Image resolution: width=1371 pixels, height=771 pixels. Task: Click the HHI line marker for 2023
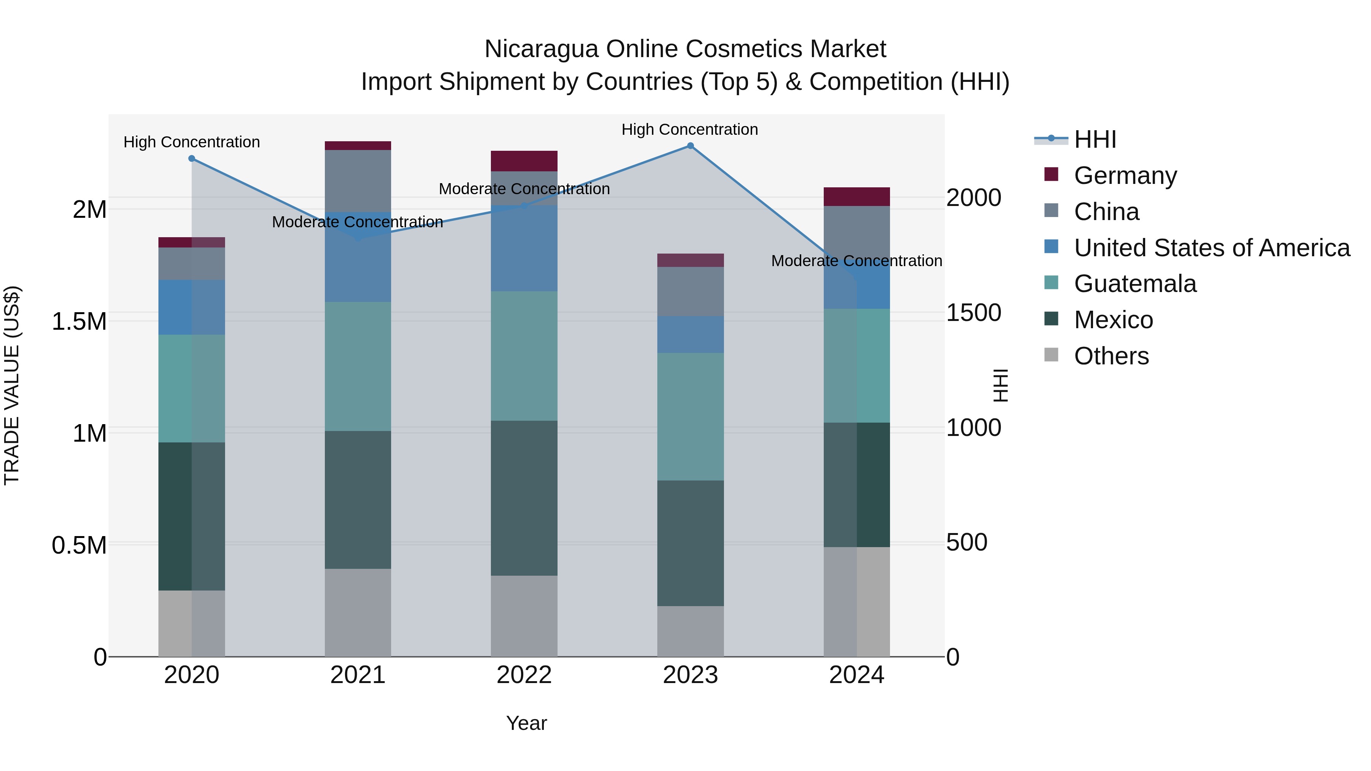[690, 146]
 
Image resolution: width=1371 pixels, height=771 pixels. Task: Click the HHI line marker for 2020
[192, 158]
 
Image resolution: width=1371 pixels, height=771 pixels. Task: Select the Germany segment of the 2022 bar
[524, 161]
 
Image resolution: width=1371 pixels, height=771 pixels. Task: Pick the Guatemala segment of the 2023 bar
[690, 417]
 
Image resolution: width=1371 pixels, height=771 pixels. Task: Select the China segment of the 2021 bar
[358, 181]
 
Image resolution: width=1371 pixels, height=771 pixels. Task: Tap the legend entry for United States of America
[1211, 248]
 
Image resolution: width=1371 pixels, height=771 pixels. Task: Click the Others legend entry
[1111, 356]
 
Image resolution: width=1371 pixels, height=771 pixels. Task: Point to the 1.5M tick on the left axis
[79, 322]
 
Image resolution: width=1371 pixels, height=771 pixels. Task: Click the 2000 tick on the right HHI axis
[973, 198]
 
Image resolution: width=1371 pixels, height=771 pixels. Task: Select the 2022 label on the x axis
[524, 675]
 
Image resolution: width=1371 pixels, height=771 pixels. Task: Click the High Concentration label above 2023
[690, 129]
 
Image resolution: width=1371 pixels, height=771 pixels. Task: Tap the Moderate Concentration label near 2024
[856, 261]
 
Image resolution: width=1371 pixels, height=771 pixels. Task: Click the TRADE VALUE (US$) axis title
[12, 385]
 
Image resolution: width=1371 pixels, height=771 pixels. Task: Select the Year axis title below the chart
[526, 723]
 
